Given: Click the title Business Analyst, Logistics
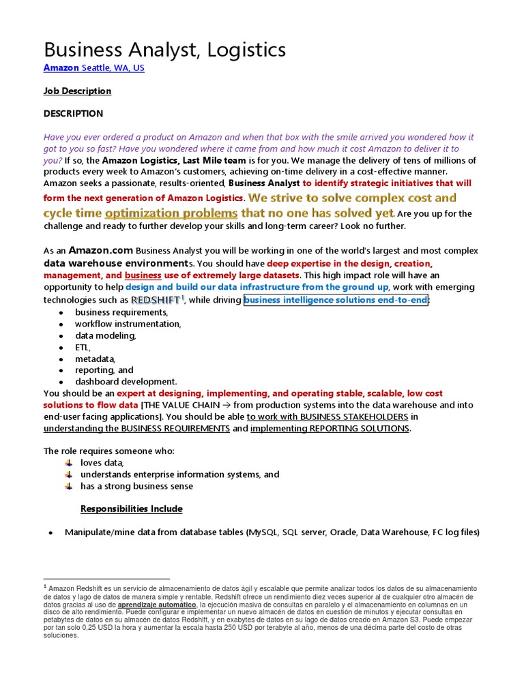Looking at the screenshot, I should point(164,50).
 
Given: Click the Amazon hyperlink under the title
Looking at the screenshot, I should point(61,68).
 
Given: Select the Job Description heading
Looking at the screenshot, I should point(77,91).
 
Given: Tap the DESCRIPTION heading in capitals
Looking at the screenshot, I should point(73,113).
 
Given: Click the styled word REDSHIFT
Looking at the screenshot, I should point(156,300).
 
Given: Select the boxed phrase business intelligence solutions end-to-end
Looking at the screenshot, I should point(336,300).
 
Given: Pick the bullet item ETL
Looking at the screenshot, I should point(82,347).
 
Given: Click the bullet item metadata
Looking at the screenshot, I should point(95,359).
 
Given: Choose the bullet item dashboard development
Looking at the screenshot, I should point(126,382).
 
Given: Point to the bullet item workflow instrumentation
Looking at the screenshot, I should point(128,324).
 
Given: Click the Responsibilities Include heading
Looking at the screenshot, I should point(131,509).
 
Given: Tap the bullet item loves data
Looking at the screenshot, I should point(102,463).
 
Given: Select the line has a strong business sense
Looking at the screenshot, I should point(136,486).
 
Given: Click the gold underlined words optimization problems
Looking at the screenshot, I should point(171,213).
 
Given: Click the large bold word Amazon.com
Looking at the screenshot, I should point(100,250).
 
